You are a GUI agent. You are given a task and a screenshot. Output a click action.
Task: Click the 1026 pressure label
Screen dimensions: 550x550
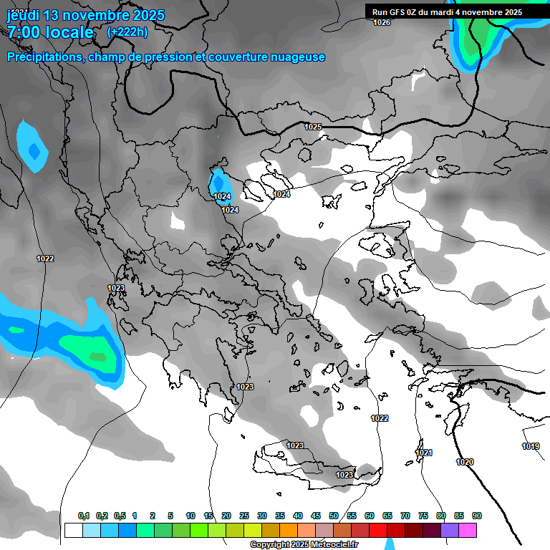click(382, 23)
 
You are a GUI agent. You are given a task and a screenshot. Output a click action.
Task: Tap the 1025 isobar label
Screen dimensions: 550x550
click(313, 127)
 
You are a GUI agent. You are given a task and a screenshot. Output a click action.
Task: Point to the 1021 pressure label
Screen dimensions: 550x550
click(424, 453)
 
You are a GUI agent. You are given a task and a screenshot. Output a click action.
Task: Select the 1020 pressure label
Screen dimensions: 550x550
click(465, 462)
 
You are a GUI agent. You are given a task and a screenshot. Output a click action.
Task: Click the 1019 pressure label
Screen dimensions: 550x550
click(531, 446)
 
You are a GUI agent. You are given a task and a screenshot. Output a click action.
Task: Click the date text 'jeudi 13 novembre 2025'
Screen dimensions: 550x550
click(86, 15)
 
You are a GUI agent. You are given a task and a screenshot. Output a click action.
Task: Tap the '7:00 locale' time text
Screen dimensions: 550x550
click(50, 32)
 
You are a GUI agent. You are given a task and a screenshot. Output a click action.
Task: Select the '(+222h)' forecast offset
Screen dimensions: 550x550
click(127, 32)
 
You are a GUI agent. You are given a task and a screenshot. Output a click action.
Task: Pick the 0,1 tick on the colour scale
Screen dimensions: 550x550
click(84, 516)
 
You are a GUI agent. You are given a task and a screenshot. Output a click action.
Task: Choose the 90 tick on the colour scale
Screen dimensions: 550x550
click(477, 516)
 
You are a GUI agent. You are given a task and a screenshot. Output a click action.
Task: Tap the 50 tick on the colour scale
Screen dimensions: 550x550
click(334, 516)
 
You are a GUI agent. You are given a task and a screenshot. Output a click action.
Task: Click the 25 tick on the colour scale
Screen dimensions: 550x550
click(244, 516)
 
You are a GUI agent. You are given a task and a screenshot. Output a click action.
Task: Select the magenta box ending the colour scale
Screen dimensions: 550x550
click(468, 530)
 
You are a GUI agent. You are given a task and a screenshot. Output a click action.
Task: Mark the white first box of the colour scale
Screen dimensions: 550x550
click(73, 530)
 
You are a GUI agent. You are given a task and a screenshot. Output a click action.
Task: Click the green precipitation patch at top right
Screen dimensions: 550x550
click(473, 39)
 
